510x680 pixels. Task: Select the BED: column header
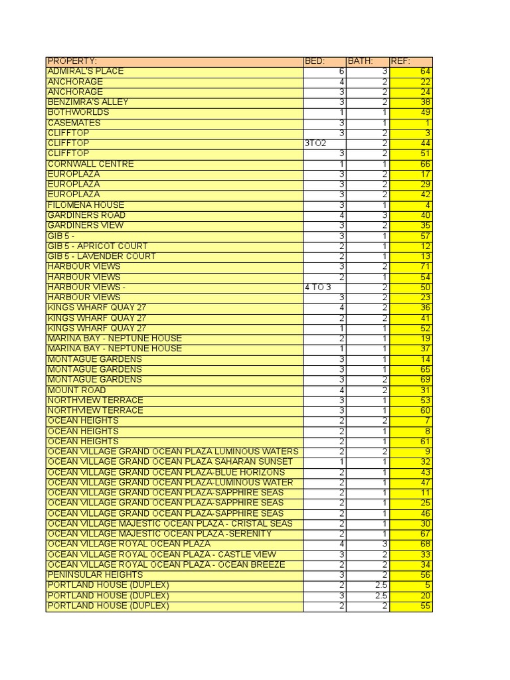click(x=315, y=61)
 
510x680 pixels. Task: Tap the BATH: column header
click(x=361, y=61)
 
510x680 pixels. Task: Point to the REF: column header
click(x=400, y=61)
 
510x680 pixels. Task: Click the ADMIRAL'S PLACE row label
click(x=86, y=71)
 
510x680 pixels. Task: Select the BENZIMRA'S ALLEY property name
click(x=88, y=102)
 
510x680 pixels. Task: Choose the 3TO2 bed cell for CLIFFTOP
click(x=315, y=143)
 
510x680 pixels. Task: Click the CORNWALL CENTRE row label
click(x=90, y=164)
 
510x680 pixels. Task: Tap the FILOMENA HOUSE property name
click(x=86, y=205)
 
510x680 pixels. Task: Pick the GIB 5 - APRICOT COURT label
click(x=98, y=246)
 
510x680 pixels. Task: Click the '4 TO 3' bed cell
click(x=317, y=288)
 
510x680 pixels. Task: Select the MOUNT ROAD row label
click(x=76, y=390)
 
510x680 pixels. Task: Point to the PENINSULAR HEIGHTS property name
click(x=95, y=574)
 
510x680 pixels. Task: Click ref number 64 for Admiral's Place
click(x=426, y=71)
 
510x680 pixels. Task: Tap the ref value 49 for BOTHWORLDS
click(x=426, y=112)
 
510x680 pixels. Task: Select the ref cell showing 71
click(x=426, y=267)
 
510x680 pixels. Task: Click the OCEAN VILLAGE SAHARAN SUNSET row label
click(x=170, y=462)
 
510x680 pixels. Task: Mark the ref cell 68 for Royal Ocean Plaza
click(x=426, y=544)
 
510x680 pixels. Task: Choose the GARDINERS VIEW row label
click(x=86, y=226)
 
